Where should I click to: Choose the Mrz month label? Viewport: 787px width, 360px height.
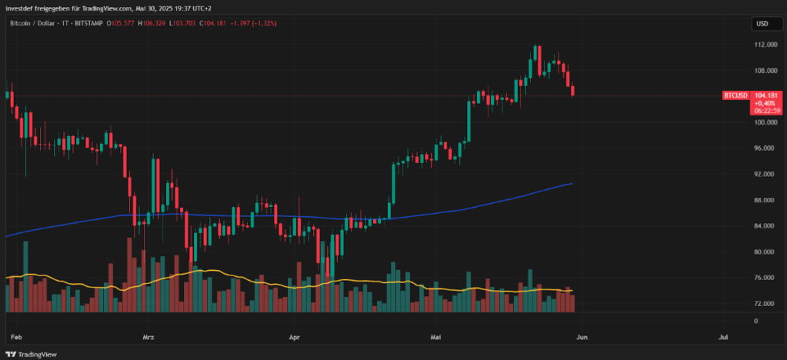pos(149,337)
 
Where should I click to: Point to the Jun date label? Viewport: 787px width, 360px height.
pos(582,337)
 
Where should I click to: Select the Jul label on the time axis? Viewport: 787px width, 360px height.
pos(723,337)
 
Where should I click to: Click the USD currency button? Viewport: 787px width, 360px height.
pos(762,24)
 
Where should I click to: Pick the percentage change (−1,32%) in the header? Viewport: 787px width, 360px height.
pos(261,24)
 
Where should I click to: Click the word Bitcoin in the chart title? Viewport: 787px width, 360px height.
pos(21,24)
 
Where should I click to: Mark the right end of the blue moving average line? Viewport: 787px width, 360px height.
pos(572,183)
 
